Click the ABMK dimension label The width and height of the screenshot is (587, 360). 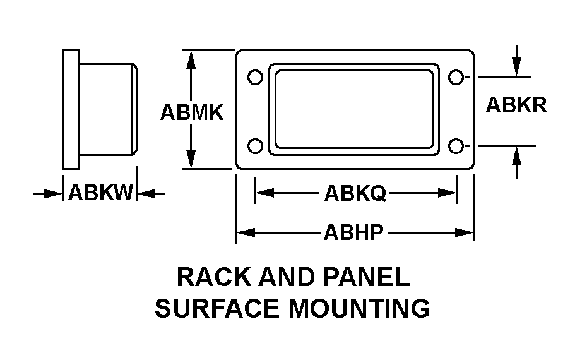click(x=192, y=112)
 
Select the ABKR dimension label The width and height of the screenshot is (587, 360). click(x=516, y=105)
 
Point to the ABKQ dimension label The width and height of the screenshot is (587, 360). click(x=355, y=193)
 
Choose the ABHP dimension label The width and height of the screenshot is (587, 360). click(x=353, y=233)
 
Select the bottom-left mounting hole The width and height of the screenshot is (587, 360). click(x=255, y=146)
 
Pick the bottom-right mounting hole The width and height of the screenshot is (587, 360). click(x=455, y=146)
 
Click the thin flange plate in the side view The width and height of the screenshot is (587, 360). click(x=71, y=109)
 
